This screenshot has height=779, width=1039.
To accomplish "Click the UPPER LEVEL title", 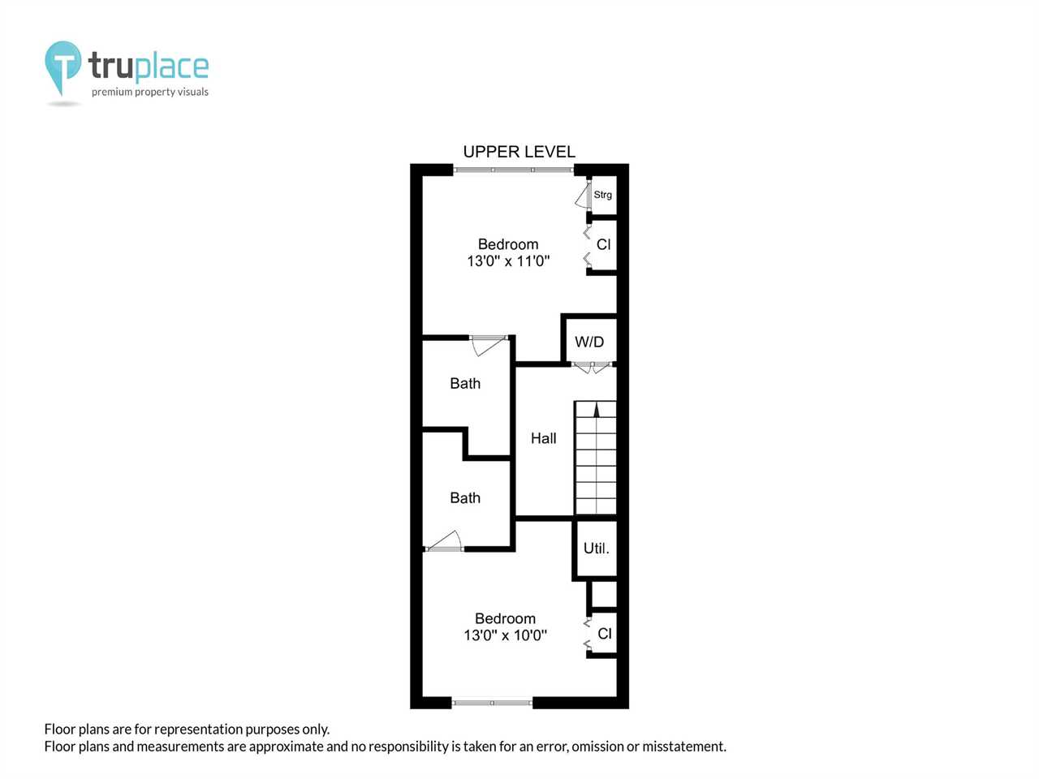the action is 519,152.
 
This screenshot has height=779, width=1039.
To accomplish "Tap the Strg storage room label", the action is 602,195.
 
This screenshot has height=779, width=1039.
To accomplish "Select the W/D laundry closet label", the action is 589,342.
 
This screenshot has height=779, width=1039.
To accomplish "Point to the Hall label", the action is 543,438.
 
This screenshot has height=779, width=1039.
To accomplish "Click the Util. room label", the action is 596,549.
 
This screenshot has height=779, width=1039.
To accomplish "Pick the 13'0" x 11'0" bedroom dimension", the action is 508,261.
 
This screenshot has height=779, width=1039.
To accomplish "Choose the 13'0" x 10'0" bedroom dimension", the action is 505,635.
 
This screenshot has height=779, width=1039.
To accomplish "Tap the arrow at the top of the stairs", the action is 597,410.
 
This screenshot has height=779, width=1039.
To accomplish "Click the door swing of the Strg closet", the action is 583,196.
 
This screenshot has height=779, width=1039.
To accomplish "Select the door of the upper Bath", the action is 489,346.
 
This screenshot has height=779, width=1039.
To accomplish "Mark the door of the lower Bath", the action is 444,541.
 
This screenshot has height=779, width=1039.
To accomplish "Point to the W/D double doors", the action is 592,367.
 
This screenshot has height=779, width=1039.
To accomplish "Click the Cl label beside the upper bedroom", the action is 604,244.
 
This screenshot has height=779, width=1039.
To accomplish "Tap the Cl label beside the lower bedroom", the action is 605,633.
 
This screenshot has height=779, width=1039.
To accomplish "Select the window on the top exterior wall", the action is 514,170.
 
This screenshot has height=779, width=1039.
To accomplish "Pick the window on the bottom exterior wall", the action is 492,703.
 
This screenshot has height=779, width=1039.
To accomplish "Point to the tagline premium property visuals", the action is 150,92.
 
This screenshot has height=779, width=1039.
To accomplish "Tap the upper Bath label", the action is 465,383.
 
